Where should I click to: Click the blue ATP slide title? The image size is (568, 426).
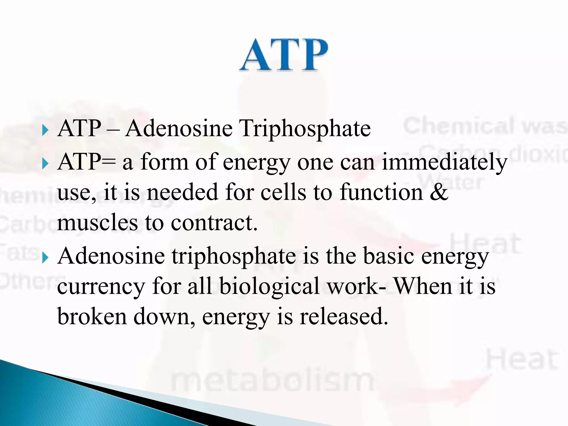(283, 55)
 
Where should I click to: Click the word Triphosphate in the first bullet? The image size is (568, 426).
(305, 129)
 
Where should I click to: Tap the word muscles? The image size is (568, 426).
(97, 223)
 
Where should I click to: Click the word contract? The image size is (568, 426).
(214, 223)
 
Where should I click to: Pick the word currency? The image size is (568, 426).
(101, 286)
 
